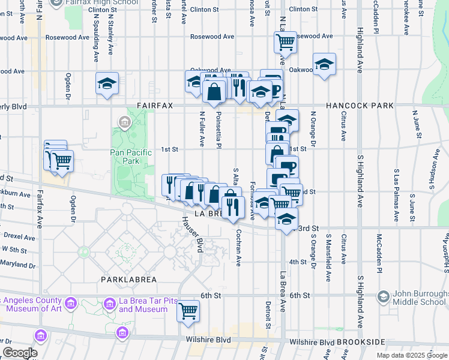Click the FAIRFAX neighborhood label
coord(154,106)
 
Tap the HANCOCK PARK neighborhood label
coord(360,106)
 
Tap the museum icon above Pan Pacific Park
coord(124,124)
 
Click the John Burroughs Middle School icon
coord(383,296)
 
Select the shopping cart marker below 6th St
coord(188,311)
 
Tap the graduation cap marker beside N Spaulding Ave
coord(107,84)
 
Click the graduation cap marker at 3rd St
coord(287,218)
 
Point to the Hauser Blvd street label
coord(191,233)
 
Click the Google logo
coord(19,353)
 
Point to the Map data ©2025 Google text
coord(412,355)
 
